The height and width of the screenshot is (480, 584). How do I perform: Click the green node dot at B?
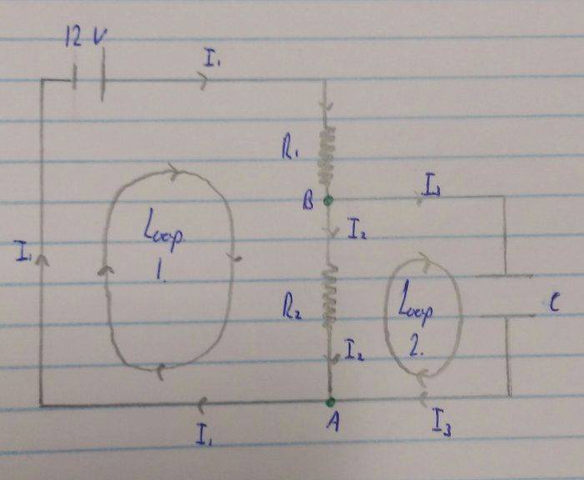328,200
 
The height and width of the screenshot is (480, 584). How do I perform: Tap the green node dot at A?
330,402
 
